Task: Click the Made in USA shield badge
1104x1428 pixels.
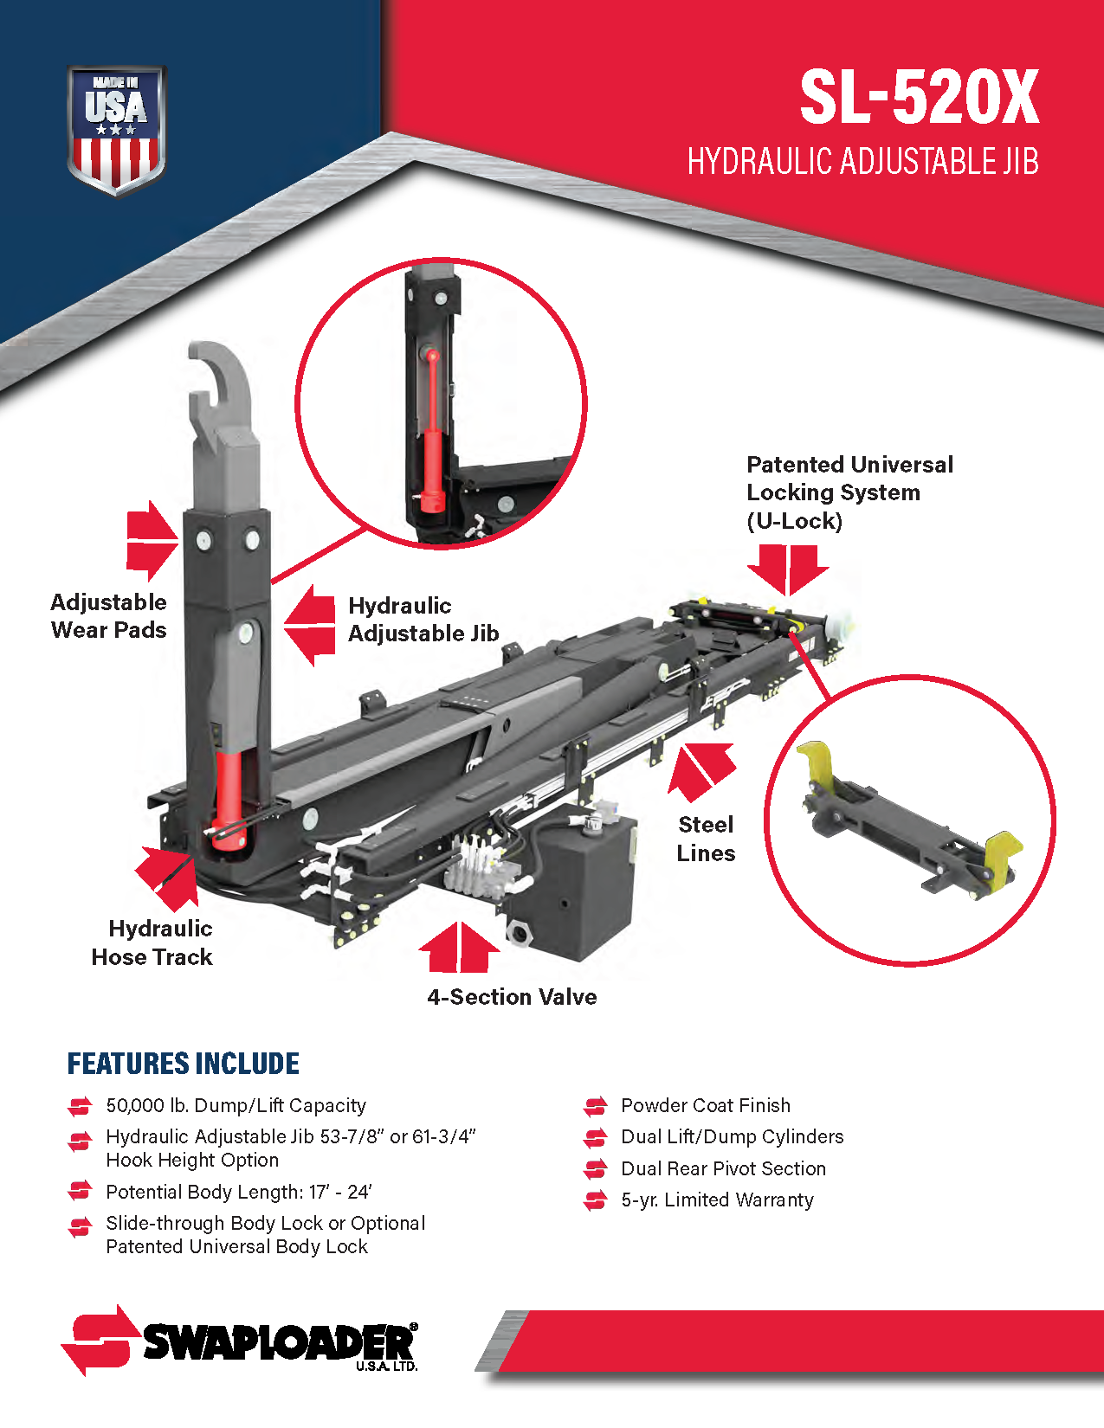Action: pos(116,130)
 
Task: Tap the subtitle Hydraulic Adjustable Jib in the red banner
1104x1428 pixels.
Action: pos(863,161)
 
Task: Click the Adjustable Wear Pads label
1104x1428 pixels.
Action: pos(108,615)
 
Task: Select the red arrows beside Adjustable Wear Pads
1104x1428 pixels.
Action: pos(152,541)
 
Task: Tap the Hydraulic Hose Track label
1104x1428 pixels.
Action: pos(152,942)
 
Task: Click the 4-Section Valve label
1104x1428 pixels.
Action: pos(513,997)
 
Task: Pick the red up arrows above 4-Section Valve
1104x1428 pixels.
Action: pos(459,947)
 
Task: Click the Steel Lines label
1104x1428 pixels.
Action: pos(707,839)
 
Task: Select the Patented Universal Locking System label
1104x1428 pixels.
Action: pos(849,492)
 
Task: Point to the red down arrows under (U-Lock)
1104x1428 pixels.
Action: pos(788,569)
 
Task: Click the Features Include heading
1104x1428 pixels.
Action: pos(184,1064)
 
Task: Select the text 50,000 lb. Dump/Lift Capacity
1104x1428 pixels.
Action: pos(236,1105)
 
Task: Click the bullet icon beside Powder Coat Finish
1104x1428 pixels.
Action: pos(596,1106)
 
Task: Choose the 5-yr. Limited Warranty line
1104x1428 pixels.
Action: pos(717,1200)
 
